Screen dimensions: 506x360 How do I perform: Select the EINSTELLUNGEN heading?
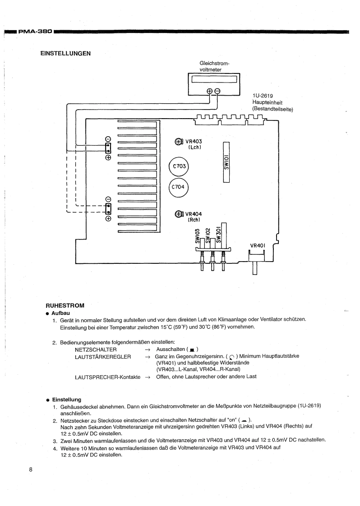point(65,54)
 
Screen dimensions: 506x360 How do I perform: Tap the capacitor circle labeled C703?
point(179,167)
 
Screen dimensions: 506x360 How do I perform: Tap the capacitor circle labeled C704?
point(179,187)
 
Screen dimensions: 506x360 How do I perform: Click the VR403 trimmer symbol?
point(178,142)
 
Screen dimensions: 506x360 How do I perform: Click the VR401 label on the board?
point(258,246)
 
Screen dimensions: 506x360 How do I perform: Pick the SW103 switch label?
point(198,236)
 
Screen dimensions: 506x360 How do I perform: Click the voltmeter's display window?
point(214,80)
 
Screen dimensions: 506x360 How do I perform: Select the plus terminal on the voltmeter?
point(209,91)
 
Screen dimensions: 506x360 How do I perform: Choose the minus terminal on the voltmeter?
point(217,91)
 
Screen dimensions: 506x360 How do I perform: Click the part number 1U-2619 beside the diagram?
point(263,96)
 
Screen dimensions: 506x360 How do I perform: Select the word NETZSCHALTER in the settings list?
point(96,350)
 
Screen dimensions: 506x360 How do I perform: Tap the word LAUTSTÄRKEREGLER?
point(103,357)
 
